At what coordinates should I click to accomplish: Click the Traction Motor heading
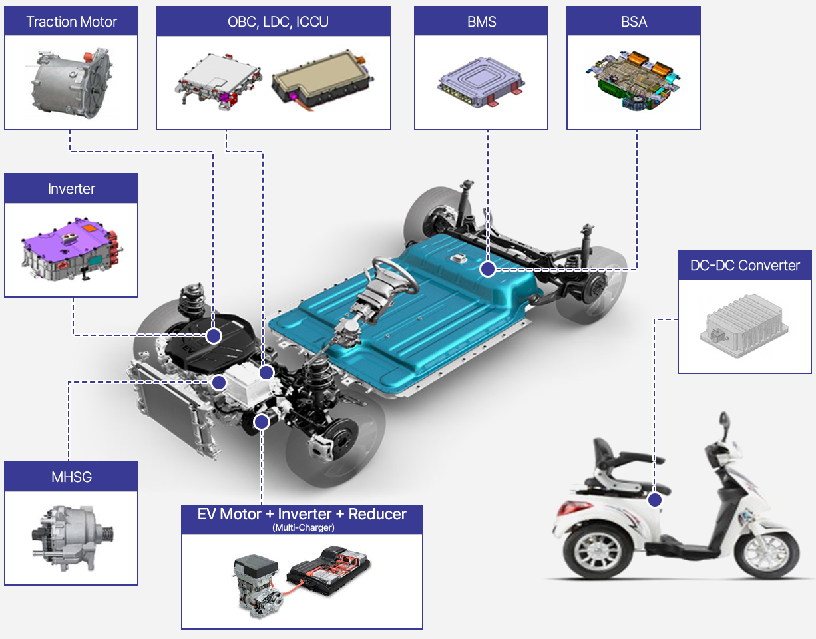pyautogui.click(x=71, y=22)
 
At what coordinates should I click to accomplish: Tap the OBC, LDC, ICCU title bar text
pyautogui.click(x=278, y=22)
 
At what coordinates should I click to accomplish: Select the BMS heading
pyautogui.click(x=481, y=22)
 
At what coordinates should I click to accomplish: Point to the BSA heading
pyautogui.click(x=634, y=22)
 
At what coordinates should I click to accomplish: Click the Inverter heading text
pyautogui.click(x=71, y=189)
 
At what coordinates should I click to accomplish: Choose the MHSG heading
pyautogui.click(x=71, y=477)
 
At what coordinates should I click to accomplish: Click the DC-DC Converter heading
pyautogui.click(x=745, y=266)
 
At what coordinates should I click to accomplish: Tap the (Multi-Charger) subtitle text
pyautogui.click(x=304, y=527)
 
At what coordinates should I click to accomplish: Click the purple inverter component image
pyautogui.click(x=71, y=248)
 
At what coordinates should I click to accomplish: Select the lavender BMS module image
pyautogui.click(x=481, y=82)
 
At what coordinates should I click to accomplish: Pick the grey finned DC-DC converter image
pyautogui.click(x=744, y=325)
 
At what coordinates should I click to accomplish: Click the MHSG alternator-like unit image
pyautogui.click(x=72, y=537)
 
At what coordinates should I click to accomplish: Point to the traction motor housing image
pyautogui.click(x=71, y=83)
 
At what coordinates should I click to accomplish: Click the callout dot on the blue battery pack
pyautogui.click(x=488, y=269)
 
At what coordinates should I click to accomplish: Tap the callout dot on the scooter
pyautogui.click(x=655, y=500)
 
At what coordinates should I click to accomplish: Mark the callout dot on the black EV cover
pyautogui.click(x=214, y=336)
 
